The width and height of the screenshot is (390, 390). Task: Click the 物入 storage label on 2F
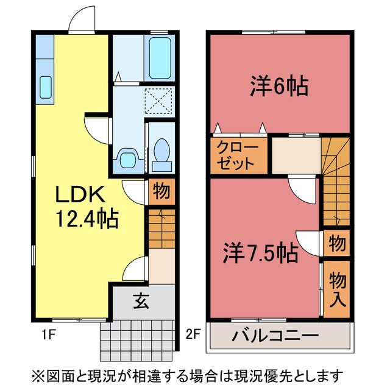click(x=337, y=289)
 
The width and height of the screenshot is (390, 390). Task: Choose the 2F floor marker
click(x=193, y=334)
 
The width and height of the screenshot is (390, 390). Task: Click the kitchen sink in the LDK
click(x=46, y=87)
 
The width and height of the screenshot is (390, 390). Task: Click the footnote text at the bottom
click(x=195, y=374)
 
